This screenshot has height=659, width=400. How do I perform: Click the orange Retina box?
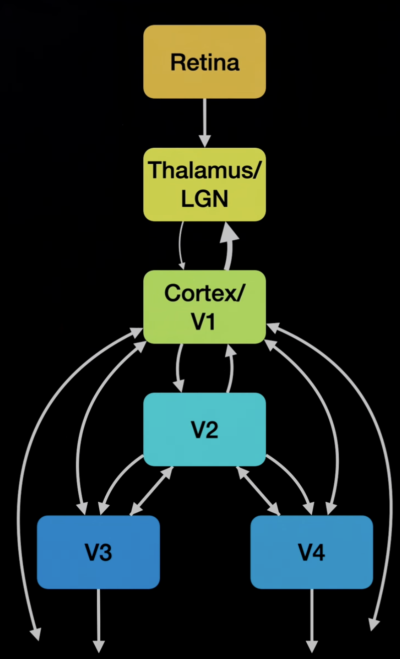click(x=205, y=62)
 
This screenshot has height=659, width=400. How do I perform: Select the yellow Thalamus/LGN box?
click(x=205, y=184)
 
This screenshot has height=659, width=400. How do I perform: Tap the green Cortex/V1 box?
click(x=205, y=306)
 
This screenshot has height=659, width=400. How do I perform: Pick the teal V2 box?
click(x=205, y=429)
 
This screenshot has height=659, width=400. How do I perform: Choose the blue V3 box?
click(x=98, y=552)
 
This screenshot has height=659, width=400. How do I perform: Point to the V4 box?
click(x=311, y=552)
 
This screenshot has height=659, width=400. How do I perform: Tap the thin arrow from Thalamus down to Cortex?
click(x=180, y=245)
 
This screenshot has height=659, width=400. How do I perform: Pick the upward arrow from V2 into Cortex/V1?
click(x=231, y=368)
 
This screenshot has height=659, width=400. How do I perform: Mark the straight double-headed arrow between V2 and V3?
click(x=152, y=491)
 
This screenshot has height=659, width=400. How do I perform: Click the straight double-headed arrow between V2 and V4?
click(x=258, y=491)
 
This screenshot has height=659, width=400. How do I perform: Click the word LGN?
click(x=205, y=199)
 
